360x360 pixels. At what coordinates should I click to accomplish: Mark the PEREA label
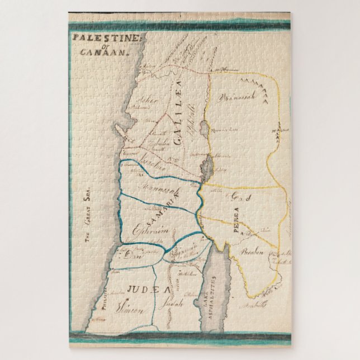pyautogui.click(x=235, y=217)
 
